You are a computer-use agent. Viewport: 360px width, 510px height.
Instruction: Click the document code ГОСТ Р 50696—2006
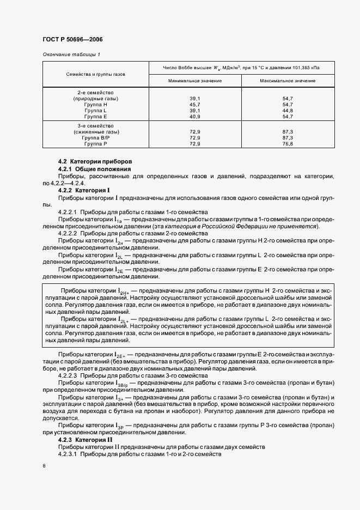pos(72,40)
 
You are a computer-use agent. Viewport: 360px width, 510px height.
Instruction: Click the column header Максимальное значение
pos(288,81)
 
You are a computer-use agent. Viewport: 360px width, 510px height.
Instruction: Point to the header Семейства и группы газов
pos(96,74)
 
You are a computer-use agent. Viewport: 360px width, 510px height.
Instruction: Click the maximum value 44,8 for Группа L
pos(288,110)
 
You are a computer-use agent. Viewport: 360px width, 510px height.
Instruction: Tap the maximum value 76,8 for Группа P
pos(288,144)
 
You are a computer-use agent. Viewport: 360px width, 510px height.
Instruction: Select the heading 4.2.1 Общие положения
pos(91,169)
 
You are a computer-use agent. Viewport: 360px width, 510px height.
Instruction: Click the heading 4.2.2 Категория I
pos(84,190)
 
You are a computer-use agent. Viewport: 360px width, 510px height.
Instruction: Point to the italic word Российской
pos(250,226)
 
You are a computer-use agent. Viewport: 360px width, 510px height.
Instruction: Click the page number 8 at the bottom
pos(44,466)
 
